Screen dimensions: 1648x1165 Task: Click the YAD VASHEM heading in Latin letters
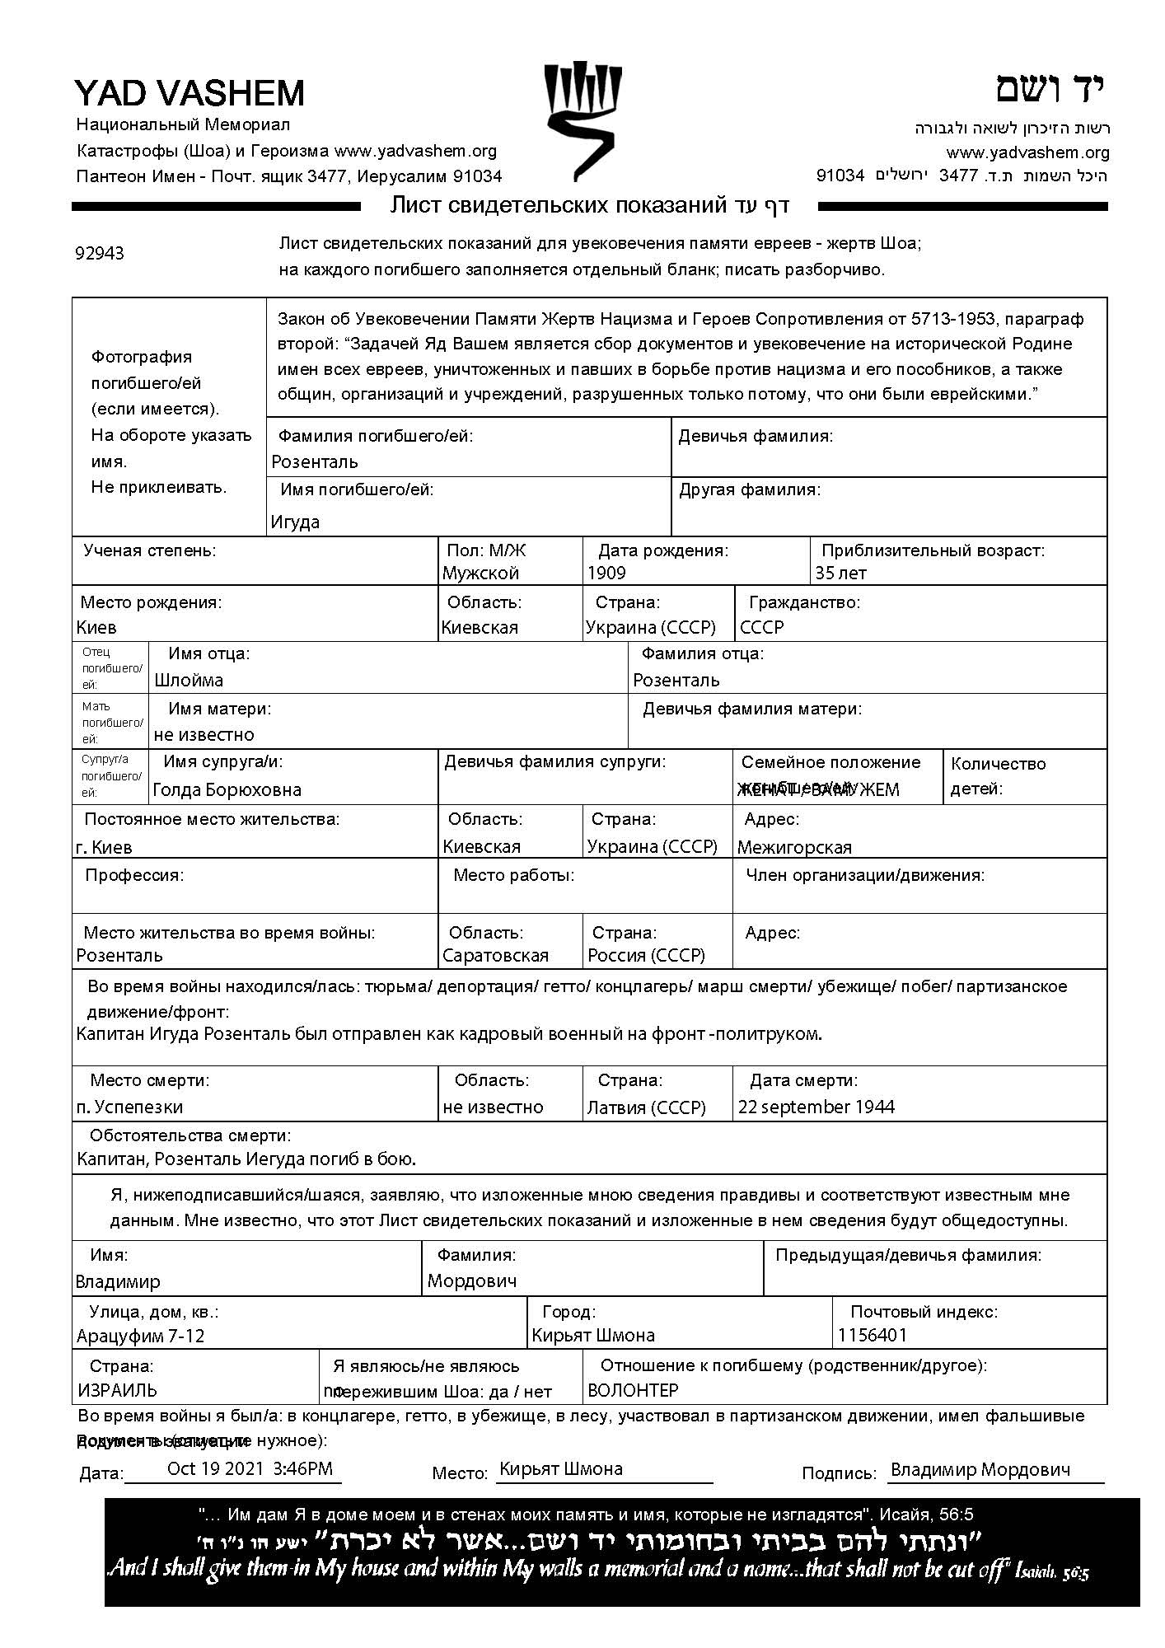(x=189, y=93)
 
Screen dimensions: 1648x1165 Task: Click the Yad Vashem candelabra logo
(x=582, y=120)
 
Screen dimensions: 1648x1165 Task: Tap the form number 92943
(x=100, y=253)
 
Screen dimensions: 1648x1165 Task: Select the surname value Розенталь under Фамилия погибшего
(x=315, y=462)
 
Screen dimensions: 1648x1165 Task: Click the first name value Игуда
(x=295, y=522)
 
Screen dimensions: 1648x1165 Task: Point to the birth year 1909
(x=606, y=574)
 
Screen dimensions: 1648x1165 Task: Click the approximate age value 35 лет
(x=840, y=574)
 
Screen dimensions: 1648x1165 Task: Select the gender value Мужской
(x=480, y=574)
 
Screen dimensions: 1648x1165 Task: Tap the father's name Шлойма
(x=189, y=681)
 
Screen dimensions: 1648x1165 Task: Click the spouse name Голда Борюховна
(x=227, y=790)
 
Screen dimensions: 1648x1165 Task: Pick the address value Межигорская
(x=794, y=847)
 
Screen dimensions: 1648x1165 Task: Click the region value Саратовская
(x=495, y=956)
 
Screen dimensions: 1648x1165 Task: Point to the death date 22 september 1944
(x=816, y=1107)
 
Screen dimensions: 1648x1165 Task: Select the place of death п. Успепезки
(x=129, y=1107)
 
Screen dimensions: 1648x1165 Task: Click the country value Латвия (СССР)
(x=646, y=1107)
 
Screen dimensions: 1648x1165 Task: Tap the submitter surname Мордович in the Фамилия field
(x=472, y=1281)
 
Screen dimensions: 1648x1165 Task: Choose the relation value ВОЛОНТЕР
(x=633, y=1391)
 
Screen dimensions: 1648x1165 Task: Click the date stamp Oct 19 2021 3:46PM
(x=250, y=1468)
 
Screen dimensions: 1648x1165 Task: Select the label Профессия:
(x=134, y=875)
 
